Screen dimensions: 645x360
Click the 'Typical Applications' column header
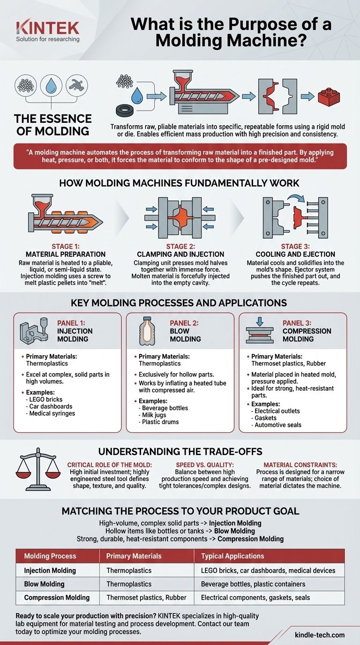pyautogui.click(x=232, y=556)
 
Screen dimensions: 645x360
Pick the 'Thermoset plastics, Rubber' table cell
pyautogui.click(x=146, y=598)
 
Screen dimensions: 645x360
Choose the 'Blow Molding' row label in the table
pyautogui.click(x=44, y=584)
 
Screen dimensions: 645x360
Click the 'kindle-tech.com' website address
pyautogui.click(x=320, y=635)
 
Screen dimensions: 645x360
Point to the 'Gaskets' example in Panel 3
pyautogui.click(x=265, y=418)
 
